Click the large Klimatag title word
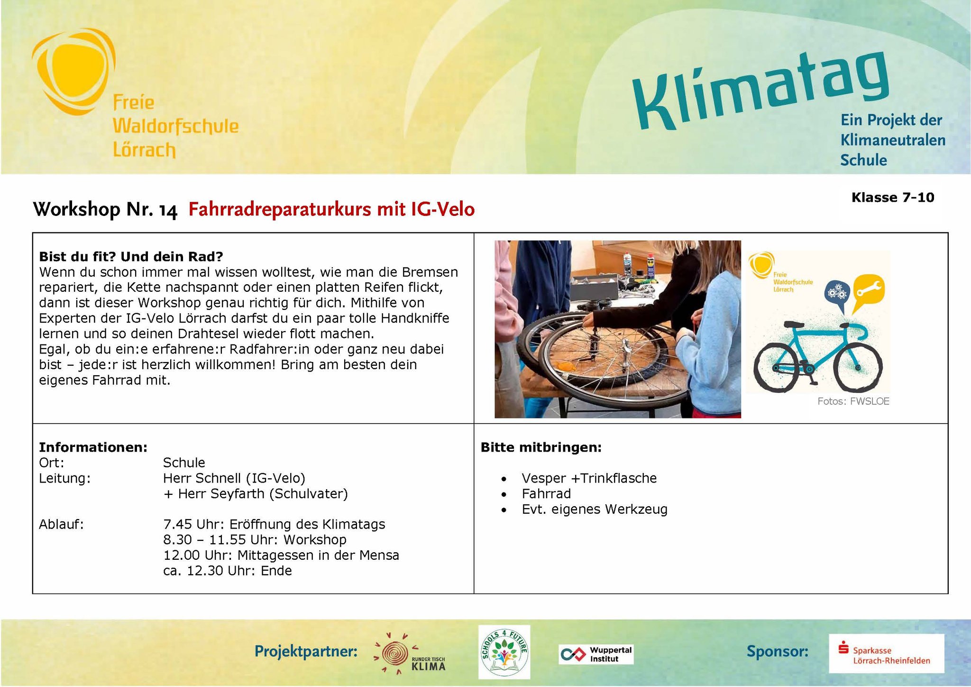click(761, 90)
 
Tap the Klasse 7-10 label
click(893, 197)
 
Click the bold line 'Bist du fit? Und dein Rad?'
click(131, 257)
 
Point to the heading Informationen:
click(93, 447)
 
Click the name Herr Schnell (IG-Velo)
click(234, 478)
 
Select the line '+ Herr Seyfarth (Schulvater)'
click(256, 494)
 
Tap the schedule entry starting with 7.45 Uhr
click(274, 524)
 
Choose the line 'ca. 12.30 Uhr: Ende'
click(228, 571)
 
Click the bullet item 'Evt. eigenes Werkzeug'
click(595, 510)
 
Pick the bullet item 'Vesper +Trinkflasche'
click(589, 478)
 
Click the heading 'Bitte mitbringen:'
click(541, 447)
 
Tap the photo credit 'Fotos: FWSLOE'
click(853, 401)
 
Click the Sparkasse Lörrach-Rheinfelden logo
click(886, 653)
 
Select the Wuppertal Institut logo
click(596, 654)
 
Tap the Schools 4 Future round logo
click(504, 651)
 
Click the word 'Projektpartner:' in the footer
click(306, 651)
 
